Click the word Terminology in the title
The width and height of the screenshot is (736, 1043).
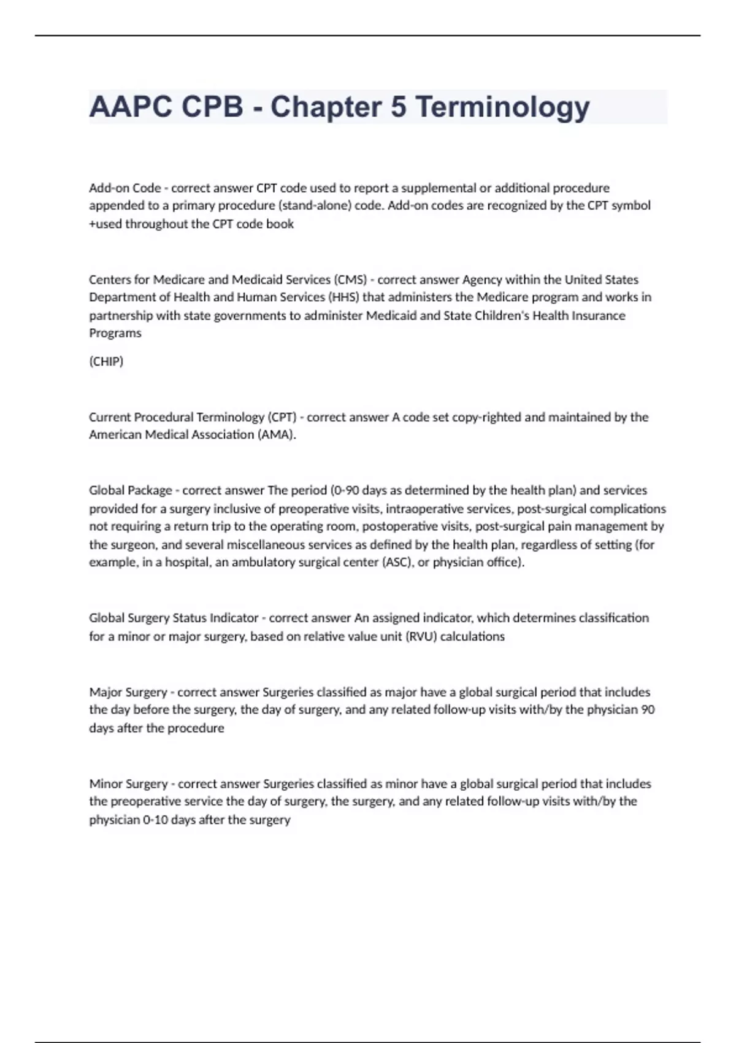coord(502,107)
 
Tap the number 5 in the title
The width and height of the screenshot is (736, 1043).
coord(398,107)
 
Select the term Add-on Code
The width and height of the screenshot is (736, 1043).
coord(125,188)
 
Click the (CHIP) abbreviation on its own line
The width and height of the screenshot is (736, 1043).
coord(106,361)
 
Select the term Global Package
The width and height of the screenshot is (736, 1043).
coord(130,491)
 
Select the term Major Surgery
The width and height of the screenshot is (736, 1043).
coord(128,692)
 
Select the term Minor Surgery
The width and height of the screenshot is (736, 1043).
coord(128,784)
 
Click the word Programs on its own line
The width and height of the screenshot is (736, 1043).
coord(115,333)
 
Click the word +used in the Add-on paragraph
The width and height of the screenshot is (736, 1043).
coord(105,224)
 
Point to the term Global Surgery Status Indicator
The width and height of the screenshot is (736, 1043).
coord(174,618)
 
